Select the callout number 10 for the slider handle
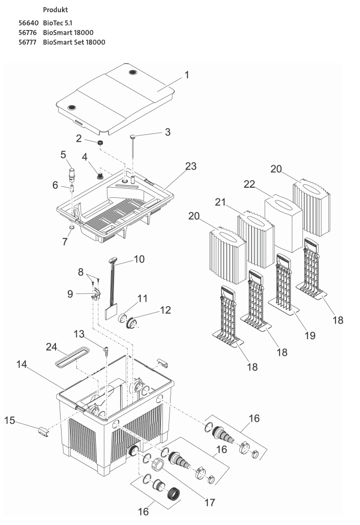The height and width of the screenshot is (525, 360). click(139, 259)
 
